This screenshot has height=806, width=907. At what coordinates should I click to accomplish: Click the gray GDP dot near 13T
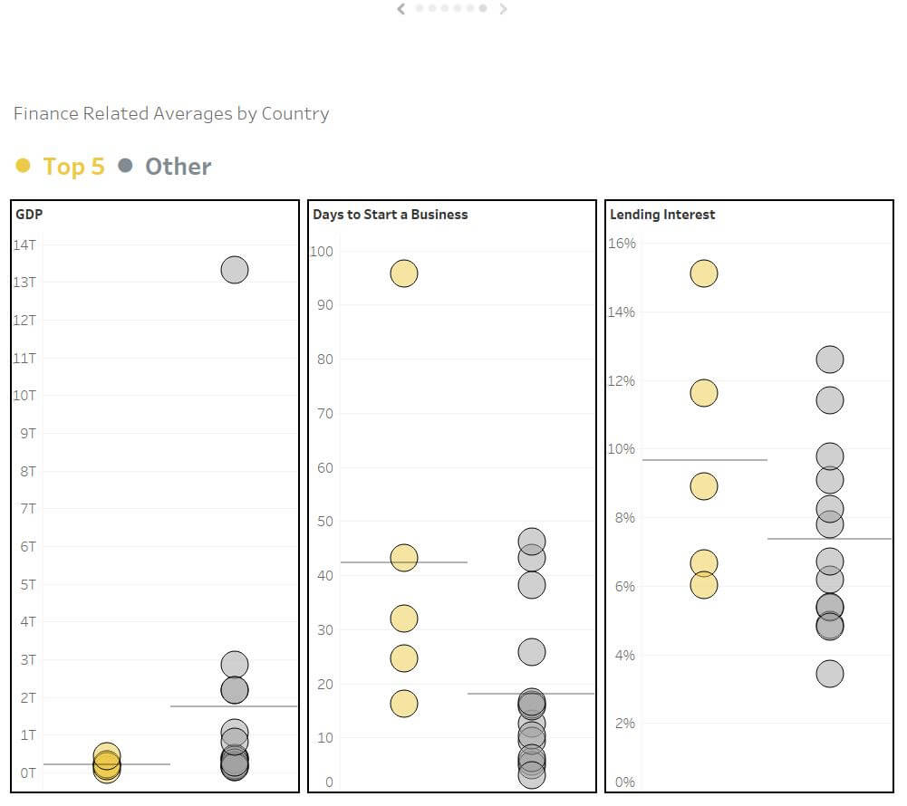click(x=234, y=270)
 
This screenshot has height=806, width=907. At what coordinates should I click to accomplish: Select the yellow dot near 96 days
click(x=403, y=273)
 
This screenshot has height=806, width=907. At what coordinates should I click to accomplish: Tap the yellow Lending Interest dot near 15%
click(x=703, y=273)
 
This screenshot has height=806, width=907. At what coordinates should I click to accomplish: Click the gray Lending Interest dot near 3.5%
click(x=829, y=674)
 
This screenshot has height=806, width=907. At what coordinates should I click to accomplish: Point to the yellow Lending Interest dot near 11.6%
click(x=703, y=393)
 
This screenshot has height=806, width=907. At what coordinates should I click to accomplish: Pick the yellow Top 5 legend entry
click(x=61, y=167)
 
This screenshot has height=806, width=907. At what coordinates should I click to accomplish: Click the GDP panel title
click(x=29, y=215)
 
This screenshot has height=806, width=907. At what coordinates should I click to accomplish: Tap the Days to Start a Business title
click(x=390, y=215)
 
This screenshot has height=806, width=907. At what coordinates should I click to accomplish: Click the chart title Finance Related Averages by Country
click(x=171, y=114)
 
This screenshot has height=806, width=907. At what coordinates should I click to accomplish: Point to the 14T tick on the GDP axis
click(x=24, y=245)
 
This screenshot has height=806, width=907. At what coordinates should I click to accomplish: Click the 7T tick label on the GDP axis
click(x=27, y=509)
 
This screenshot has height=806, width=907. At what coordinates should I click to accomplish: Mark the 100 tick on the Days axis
click(x=322, y=252)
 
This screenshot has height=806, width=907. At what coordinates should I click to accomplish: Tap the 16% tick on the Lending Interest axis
click(x=622, y=244)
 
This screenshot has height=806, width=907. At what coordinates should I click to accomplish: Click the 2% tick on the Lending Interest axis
click(x=623, y=724)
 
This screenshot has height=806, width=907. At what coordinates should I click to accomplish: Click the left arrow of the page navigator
click(x=401, y=9)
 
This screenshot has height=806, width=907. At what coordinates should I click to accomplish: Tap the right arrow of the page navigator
click(x=504, y=9)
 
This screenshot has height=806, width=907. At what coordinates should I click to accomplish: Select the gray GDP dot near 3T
click(x=234, y=665)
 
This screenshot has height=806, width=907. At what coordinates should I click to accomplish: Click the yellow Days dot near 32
click(x=403, y=619)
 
